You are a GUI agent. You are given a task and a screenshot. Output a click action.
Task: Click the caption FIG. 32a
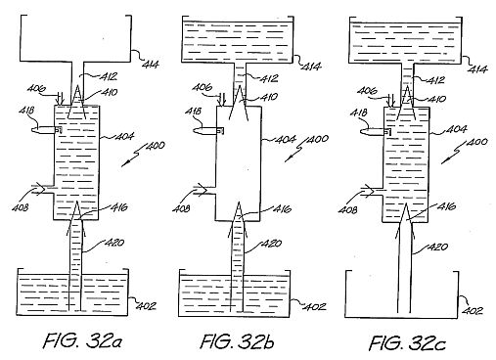83,340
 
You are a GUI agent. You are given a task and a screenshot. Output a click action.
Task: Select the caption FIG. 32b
238,341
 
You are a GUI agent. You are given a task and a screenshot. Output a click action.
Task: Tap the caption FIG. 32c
407,343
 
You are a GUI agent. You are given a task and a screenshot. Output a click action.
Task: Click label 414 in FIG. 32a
151,64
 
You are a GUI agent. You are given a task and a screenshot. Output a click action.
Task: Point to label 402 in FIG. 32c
473,310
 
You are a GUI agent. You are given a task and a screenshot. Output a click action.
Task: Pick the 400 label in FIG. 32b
318,139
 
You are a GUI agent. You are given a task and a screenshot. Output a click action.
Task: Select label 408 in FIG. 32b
181,208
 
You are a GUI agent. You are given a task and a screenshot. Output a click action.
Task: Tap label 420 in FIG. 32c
437,247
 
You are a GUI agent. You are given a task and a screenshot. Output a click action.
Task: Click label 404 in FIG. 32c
456,129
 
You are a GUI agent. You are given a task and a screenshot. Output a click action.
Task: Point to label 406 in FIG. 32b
202,87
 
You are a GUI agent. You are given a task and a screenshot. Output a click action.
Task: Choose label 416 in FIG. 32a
119,207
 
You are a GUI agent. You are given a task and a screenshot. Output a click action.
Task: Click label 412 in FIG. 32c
435,80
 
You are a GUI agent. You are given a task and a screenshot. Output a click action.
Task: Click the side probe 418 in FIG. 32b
208,130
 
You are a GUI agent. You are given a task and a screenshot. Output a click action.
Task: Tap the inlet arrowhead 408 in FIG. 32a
40,190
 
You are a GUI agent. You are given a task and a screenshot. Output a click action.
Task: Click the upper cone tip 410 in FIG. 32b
240,86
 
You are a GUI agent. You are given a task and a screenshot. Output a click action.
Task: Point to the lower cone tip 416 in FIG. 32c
405,204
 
